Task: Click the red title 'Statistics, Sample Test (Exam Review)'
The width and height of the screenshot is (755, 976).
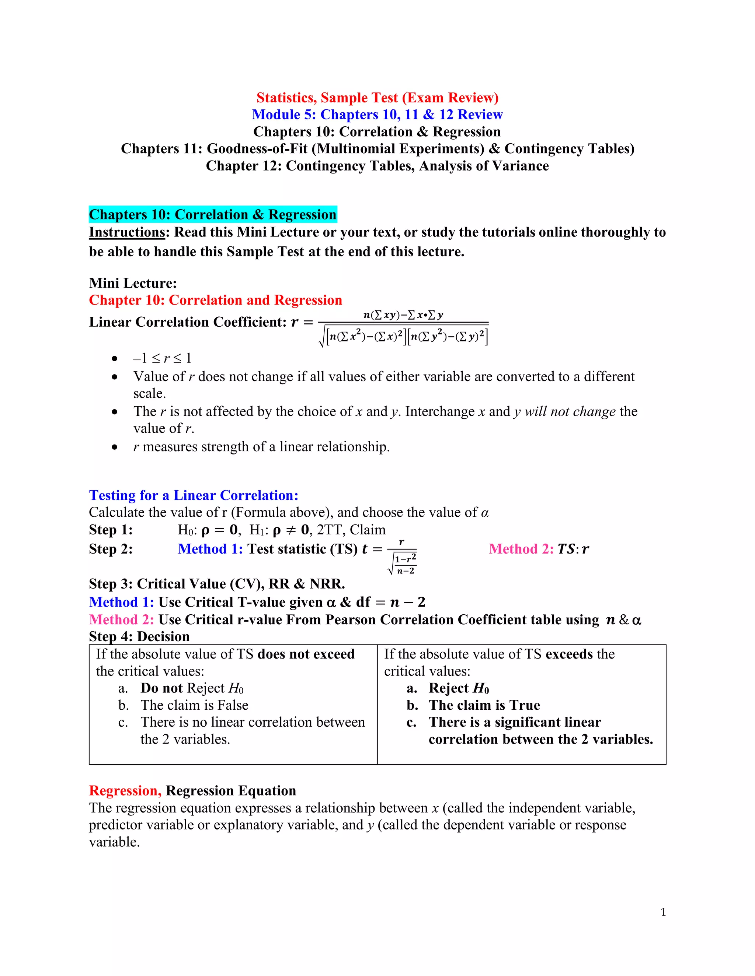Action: pyautogui.click(x=377, y=98)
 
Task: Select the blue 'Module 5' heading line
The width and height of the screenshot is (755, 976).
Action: pyautogui.click(x=377, y=115)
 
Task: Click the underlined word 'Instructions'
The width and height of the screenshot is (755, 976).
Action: pyautogui.click(x=127, y=232)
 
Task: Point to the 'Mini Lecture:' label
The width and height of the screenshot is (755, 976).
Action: pyautogui.click(x=133, y=283)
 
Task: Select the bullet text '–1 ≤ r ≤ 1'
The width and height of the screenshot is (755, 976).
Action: pyautogui.click(x=162, y=358)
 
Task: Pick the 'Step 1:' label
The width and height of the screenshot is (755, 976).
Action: pyautogui.click(x=111, y=530)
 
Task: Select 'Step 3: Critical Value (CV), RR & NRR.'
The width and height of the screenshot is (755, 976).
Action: pyautogui.click(x=216, y=584)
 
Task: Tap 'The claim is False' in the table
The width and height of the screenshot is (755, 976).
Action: pyautogui.click(x=194, y=705)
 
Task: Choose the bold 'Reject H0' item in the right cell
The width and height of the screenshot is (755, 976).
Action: pyautogui.click(x=459, y=688)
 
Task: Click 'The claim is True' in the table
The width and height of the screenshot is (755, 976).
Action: pyautogui.click(x=484, y=705)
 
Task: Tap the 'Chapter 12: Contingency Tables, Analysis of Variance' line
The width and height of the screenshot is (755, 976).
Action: pyautogui.click(x=377, y=166)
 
